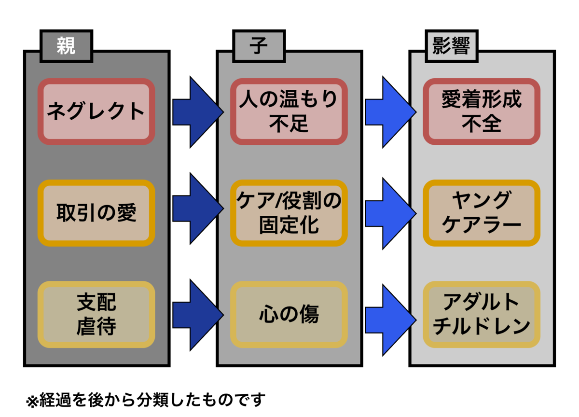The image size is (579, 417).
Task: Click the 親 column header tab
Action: tap(67, 46)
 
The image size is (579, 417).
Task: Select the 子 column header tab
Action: tap(259, 46)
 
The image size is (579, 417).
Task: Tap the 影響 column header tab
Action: tap(452, 46)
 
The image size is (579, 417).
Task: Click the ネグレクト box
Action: tap(96, 111)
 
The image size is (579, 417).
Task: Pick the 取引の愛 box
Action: tap(96, 213)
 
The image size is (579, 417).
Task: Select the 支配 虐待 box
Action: tap(96, 314)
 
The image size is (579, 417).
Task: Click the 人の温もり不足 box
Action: tap(289, 111)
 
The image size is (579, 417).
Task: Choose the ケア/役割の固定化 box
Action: tap(289, 213)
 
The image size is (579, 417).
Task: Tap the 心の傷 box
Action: tap(289, 314)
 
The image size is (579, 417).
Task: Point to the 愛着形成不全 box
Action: tap(482, 111)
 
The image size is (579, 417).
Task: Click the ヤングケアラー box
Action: tap(482, 213)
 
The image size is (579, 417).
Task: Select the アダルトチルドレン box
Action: tap(482, 314)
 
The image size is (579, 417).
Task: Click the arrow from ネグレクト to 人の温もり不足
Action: tap(198, 112)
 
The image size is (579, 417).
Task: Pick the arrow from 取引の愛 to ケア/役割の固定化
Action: tap(198, 208)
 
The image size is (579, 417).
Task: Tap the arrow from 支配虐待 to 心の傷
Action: tap(198, 315)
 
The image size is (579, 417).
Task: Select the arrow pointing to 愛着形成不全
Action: tap(391, 112)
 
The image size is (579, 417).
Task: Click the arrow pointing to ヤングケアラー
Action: tap(391, 213)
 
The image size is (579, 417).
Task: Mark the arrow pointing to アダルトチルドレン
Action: tap(391, 320)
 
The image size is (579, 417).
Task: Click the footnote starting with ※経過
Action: tap(146, 400)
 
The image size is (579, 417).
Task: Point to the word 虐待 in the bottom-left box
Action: tap(96, 326)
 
